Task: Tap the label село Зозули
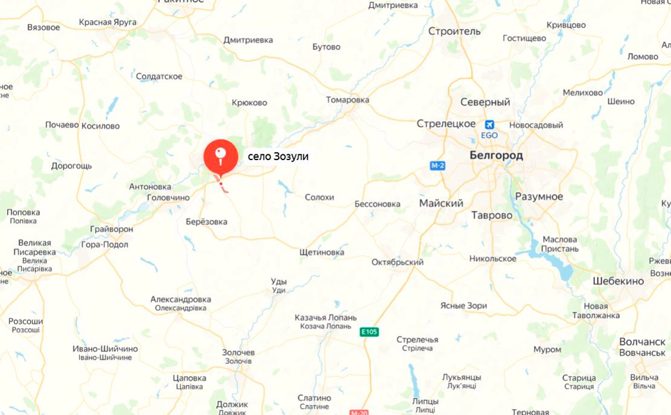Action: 277,157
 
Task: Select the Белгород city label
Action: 496,155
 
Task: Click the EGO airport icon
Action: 489,125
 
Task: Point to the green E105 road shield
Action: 369,331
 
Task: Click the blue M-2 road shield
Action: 437,165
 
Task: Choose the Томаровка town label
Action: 347,100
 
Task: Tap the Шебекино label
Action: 618,281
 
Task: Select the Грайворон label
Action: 111,229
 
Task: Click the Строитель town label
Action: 454,31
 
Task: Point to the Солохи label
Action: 319,198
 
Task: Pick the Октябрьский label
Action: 397,262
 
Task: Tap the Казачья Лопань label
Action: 326,318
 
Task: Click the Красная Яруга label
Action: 108,22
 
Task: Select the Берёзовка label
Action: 206,222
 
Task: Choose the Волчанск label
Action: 642,342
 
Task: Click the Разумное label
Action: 539,197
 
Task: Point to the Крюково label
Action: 250,103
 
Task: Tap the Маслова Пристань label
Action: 560,244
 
